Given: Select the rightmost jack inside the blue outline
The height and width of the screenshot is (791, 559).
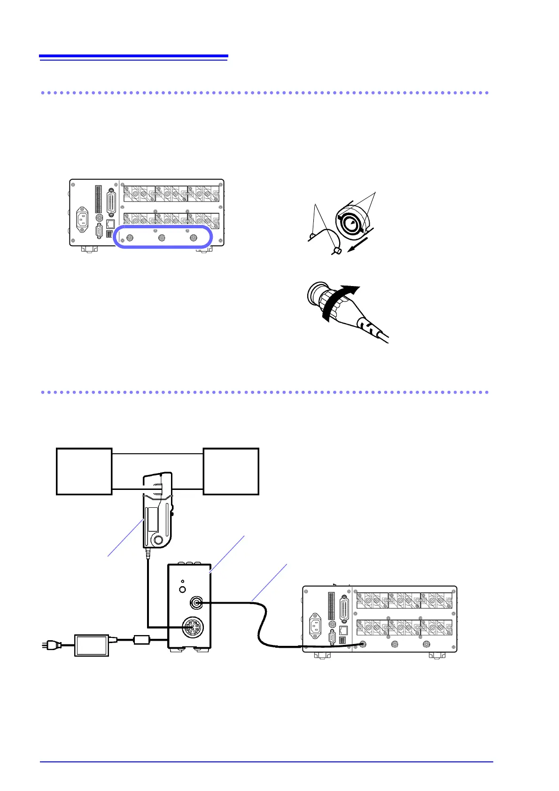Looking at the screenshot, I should coord(193,238).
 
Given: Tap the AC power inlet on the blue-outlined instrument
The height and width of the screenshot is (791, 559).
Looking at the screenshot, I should coord(83,219).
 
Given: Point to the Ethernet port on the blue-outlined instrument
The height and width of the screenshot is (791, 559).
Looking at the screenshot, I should coord(110,224).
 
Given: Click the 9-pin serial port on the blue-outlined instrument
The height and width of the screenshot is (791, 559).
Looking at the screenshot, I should coord(99,232).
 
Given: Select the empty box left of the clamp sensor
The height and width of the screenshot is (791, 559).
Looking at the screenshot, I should coord(84,471).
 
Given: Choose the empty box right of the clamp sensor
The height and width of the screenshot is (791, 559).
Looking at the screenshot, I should coord(231,471).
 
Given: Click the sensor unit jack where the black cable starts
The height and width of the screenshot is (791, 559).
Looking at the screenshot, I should coord(195,603).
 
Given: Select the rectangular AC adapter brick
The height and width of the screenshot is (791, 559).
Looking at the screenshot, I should coord(92,645).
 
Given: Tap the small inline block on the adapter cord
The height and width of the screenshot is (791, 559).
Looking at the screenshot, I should coord(141,639).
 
